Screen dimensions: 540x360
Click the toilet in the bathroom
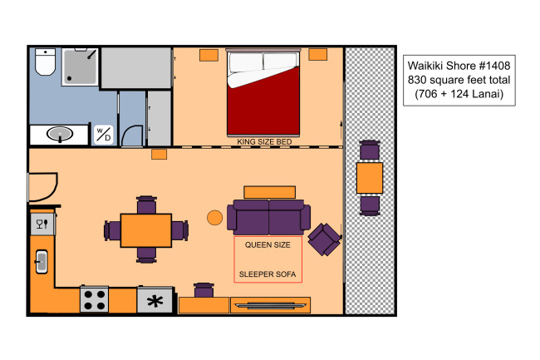click(45, 62)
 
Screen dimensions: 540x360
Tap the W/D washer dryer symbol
click(103, 135)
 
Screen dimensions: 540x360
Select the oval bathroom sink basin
click(60, 134)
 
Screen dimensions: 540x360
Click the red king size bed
click(263, 92)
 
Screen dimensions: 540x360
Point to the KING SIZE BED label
click(264, 141)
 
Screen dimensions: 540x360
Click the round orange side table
click(214, 218)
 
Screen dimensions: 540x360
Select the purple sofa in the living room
click(268, 217)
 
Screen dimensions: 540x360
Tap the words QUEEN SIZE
click(268, 245)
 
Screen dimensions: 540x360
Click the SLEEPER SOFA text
click(268, 274)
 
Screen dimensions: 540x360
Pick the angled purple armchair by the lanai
click(324, 239)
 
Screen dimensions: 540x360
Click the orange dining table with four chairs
click(146, 230)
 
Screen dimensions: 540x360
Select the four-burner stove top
click(95, 299)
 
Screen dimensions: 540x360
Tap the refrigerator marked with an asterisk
click(155, 300)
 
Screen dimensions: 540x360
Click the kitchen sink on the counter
click(42, 262)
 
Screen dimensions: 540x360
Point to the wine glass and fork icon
click(42, 224)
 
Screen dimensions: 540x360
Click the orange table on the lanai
click(370, 178)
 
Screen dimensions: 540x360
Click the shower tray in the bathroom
click(81, 67)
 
